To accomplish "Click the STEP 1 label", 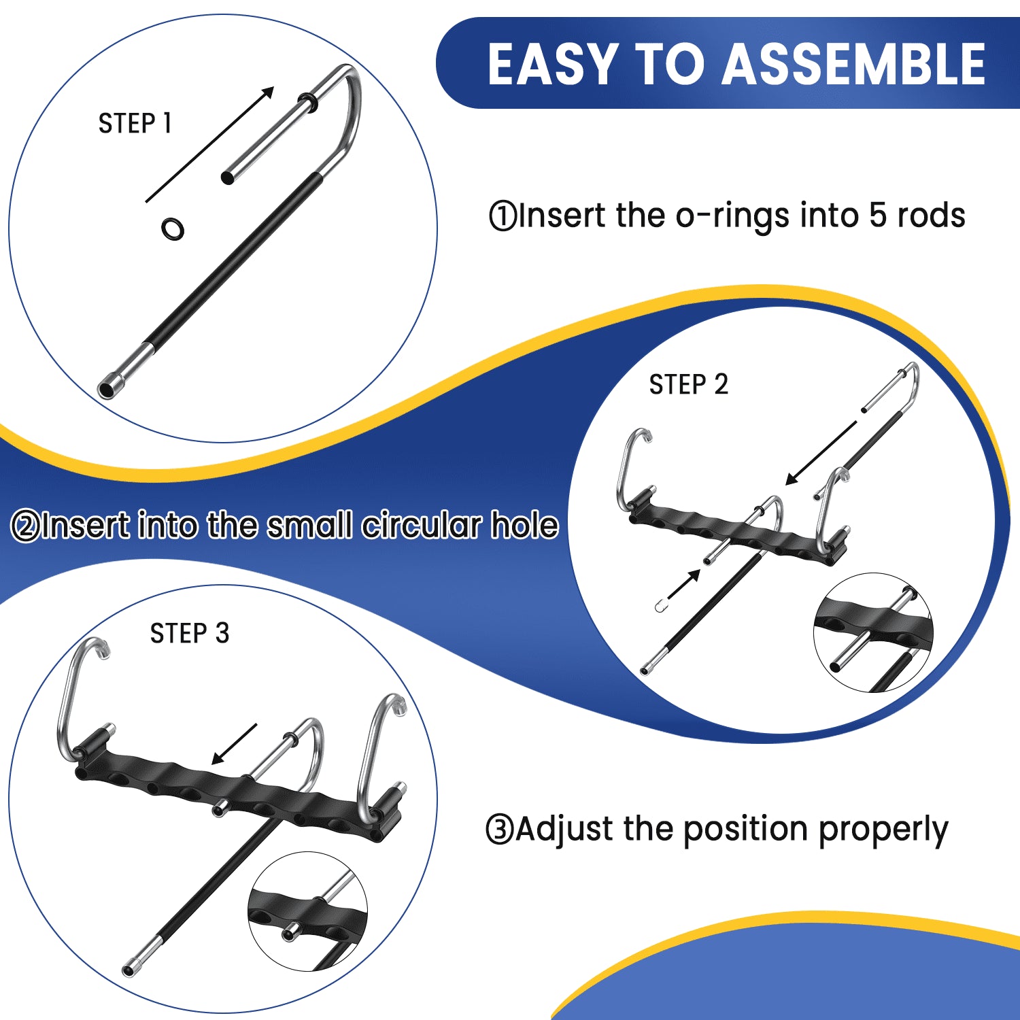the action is click(x=135, y=124).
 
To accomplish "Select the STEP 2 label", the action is click(x=688, y=385).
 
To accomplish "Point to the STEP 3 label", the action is click(x=190, y=634).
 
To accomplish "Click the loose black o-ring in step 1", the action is click(x=173, y=228).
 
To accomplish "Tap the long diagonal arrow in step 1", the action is click(x=209, y=145).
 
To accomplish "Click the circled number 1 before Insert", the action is click(x=503, y=216).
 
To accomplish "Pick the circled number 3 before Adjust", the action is click(x=500, y=830).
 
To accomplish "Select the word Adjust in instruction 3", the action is click(x=565, y=830).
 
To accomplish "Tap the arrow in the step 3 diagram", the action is click(x=234, y=744).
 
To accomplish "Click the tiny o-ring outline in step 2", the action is click(x=659, y=606).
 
